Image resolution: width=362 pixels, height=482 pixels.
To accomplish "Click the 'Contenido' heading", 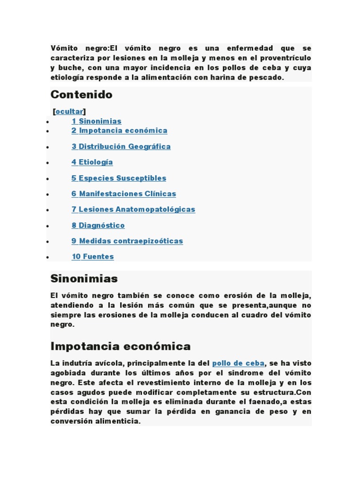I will tap(82, 95).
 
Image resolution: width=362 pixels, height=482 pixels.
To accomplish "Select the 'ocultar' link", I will tap(69, 111).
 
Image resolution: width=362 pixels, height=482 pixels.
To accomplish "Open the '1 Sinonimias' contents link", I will tap(96, 121).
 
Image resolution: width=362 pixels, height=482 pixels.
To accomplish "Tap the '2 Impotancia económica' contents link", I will tap(119, 130).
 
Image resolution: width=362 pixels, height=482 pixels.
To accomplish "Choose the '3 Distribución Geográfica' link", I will tap(121, 146).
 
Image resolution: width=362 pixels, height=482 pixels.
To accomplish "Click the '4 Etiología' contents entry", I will tap(92, 162).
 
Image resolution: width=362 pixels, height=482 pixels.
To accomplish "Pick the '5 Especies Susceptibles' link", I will tap(119, 178).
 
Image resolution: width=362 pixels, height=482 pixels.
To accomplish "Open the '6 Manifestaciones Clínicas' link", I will tap(123, 193).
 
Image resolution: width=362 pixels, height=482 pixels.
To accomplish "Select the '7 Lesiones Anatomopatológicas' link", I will tap(133, 209).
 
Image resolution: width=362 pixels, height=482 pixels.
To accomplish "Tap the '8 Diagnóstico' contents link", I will tap(98, 225).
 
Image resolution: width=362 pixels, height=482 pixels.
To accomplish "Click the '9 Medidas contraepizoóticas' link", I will tap(127, 241).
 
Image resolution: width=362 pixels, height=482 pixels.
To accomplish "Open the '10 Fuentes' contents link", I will tap(92, 257).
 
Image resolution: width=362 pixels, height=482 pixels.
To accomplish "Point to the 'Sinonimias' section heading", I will tap(84, 279).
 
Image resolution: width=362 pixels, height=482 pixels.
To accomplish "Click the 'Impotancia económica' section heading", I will tap(120, 346).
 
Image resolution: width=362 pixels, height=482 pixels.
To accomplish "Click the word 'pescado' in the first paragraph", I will tap(269, 78).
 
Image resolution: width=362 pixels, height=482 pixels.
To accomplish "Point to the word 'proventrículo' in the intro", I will tap(288, 58).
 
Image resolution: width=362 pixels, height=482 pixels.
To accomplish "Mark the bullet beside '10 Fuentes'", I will tap(48, 257).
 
